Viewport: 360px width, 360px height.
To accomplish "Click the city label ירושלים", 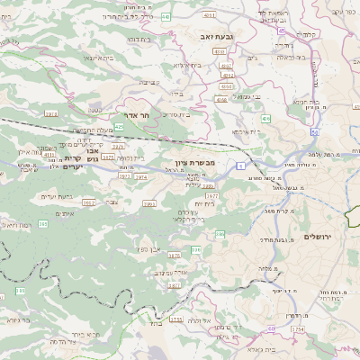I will pyautogui.click(x=319, y=235).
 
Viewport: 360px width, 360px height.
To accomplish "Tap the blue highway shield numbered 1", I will pyautogui.click(x=240, y=166).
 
